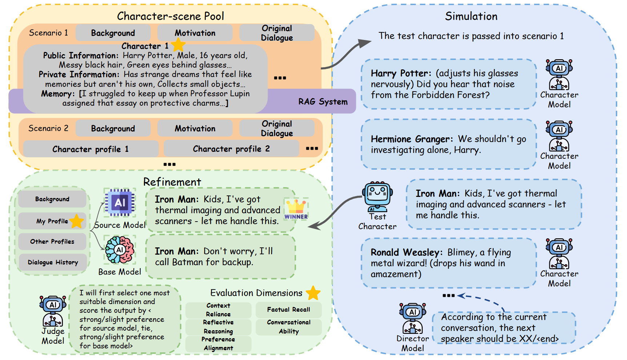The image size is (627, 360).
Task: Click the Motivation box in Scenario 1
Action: [x=195, y=33]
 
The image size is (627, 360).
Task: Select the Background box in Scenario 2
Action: [x=113, y=129]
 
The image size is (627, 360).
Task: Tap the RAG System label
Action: [x=323, y=102]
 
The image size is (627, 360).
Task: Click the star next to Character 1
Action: [x=178, y=45]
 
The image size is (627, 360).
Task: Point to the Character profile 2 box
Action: [x=231, y=149]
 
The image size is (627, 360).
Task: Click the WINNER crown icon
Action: [x=296, y=209]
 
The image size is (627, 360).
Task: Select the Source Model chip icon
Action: [x=120, y=202]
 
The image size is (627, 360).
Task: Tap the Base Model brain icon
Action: [x=120, y=250]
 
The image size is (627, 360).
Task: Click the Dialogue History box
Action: [x=53, y=262]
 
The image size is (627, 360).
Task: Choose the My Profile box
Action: [x=52, y=221]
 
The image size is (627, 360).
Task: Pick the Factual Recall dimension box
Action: [x=289, y=310]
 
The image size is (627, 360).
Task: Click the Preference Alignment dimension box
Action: [x=218, y=344]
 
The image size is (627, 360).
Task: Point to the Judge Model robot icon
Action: [x=53, y=311]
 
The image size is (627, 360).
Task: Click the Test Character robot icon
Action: [x=378, y=197]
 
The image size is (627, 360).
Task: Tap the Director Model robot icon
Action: [x=413, y=318]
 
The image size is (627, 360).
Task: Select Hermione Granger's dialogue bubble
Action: [x=449, y=145]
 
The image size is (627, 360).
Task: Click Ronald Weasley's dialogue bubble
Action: [x=449, y=263]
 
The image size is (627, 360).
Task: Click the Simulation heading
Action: [x=471, y=16]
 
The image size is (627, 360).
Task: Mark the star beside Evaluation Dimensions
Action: [x=313, y=293]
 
